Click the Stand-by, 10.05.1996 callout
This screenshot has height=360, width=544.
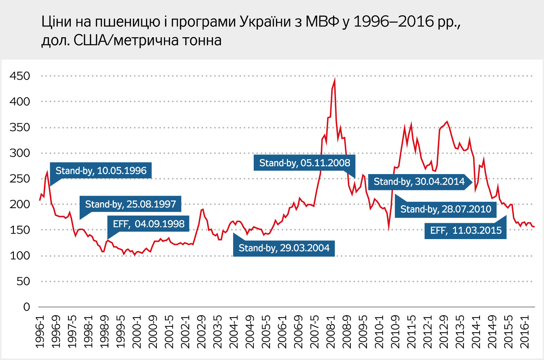(101, 171)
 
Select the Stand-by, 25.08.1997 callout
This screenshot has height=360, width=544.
(130, 204)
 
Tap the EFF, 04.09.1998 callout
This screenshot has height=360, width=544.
(149, 224)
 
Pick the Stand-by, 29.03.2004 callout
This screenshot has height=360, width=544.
(284, 248)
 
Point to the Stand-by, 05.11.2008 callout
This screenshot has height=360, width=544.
(305, 163)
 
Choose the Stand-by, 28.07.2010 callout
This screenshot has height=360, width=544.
(446, 209)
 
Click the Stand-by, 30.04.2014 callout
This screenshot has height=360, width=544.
(419, 182)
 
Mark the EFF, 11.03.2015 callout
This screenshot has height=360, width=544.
(466, 231)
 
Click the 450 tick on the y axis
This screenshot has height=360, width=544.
(20, 76)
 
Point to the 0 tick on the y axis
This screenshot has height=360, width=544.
(26, 307)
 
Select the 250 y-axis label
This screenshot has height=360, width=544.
(20, 178)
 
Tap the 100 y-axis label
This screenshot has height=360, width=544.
(20, 256)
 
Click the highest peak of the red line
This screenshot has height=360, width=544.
(335, 80)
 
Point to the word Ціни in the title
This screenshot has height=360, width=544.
(57, 22)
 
